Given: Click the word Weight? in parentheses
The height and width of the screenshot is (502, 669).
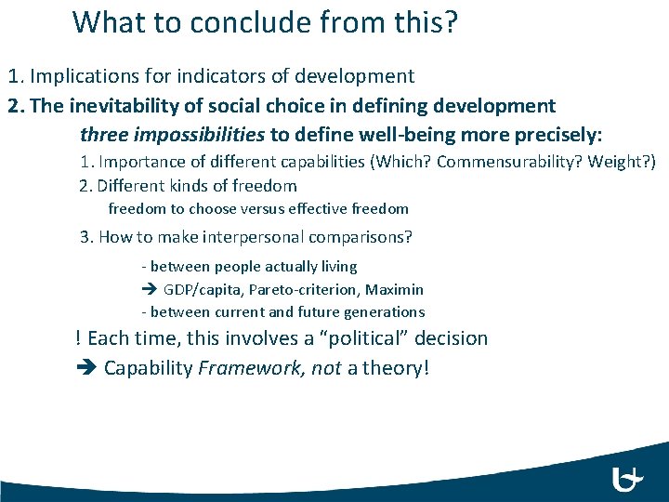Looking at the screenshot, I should coord(624,162).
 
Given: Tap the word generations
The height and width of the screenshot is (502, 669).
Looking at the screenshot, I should coord(382,312).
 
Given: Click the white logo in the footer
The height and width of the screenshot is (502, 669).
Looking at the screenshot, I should coord(629,479).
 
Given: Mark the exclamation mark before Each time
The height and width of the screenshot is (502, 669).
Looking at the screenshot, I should coord(78,338).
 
